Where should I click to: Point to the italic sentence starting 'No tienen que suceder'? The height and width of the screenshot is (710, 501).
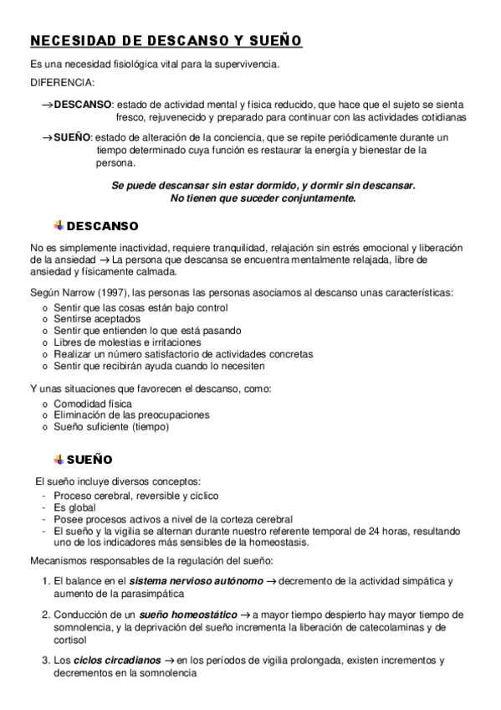coord(263,198)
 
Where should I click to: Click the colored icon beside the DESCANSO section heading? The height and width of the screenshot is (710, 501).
coord(59,225)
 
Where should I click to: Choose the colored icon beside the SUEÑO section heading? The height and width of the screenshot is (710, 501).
coord(59,460)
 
